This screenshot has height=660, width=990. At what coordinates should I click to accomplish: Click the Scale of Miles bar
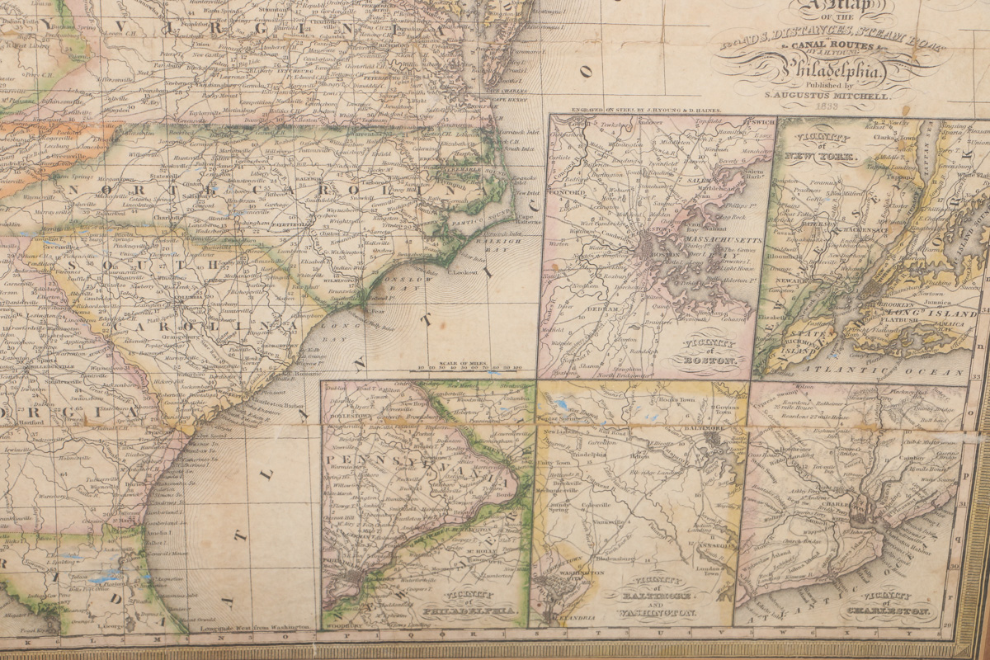470,368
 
